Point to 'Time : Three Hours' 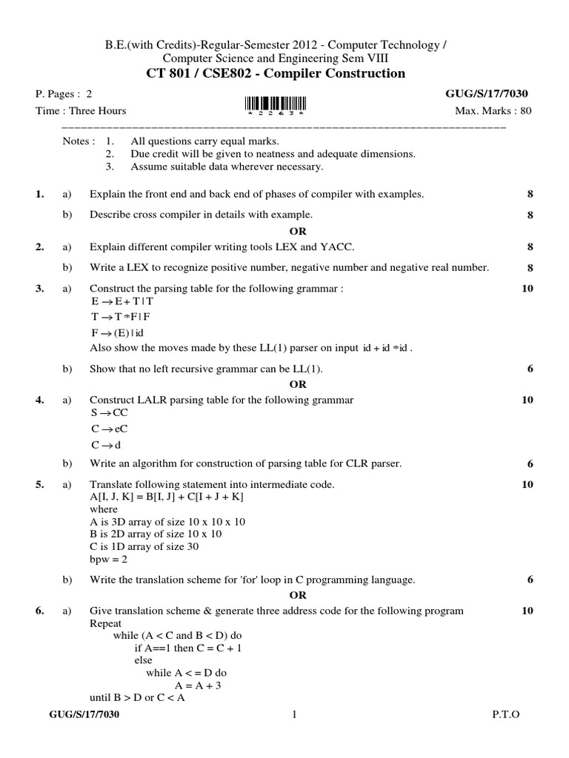81,111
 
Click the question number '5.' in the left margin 40,484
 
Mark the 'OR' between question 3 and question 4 297,384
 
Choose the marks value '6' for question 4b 530,464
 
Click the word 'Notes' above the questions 78,141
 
